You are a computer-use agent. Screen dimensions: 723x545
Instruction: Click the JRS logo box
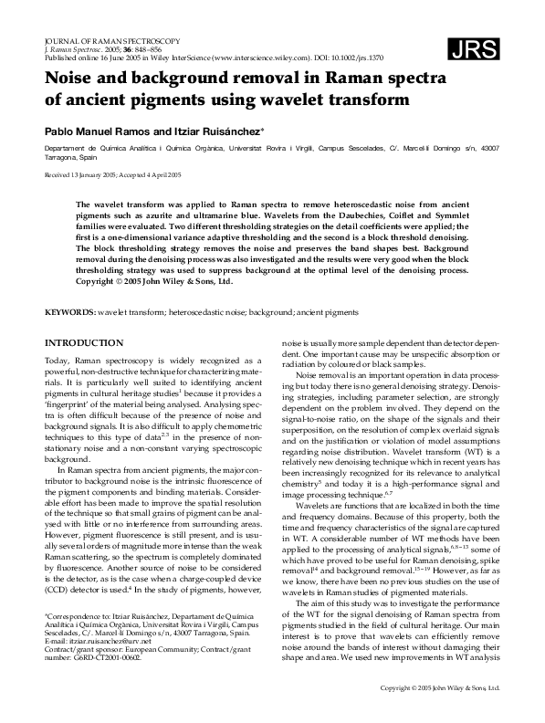(x=473, y=52)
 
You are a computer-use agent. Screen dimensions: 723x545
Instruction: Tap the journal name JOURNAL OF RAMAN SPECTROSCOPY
(x=110, y=41)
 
